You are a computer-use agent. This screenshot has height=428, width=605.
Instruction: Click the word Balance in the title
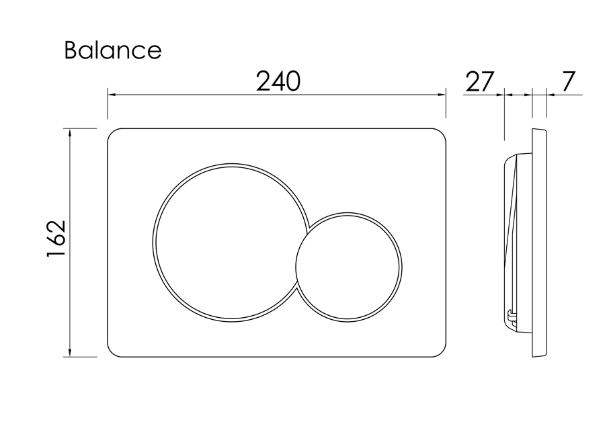click(x=113, y=50)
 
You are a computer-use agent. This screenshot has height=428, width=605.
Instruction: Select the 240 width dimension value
click(x=278, y=81)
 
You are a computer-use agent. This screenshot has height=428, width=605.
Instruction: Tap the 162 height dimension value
click(x=56, y=239)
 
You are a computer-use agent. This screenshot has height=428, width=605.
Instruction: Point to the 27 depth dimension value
click(x=479, y=81)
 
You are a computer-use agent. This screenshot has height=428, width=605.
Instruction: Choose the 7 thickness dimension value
click(x=567, y=81)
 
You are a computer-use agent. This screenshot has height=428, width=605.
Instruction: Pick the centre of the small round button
click(x=348, y=267)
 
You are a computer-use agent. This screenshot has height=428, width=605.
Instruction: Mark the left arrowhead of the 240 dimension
click(x=112, y=94)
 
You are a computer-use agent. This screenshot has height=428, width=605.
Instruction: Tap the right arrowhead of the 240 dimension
click(x=442, y=94)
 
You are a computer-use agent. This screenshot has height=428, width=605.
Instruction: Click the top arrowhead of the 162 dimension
click(x=69, y=133)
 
